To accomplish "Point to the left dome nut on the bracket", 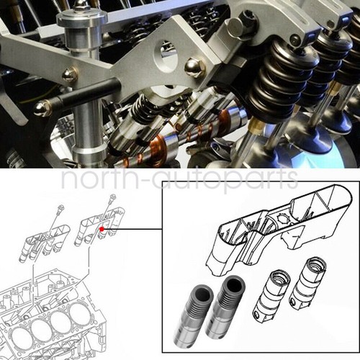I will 70,73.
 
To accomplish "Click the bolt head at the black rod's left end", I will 42,109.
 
